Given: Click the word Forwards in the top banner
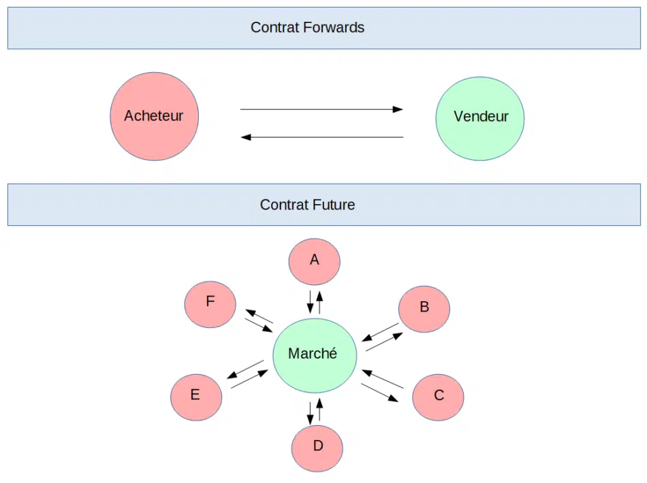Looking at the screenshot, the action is pos(334,28).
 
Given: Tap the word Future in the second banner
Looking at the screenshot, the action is pos(334,205).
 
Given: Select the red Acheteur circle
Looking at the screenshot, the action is pos(155,116).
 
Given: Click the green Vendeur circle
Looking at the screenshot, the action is pos(480,118).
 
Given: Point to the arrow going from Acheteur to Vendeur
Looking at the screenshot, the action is pos(321,110).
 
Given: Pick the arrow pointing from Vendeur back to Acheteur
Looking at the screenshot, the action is pos(322,137).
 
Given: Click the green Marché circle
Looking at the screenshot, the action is pos(315,355).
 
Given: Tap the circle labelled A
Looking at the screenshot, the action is pos(315,261).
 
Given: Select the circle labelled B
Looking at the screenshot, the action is pos(424,309).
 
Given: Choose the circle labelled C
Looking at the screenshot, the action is pos(438,397).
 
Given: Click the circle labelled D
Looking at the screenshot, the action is pos(317,448).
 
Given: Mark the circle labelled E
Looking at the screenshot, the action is pos(196,397).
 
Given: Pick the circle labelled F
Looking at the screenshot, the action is pos(210,304).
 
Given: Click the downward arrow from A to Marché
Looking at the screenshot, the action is pos(311,302).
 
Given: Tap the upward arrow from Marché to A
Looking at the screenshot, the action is pos(319,302).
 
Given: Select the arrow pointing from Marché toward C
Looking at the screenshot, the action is pos(379,393).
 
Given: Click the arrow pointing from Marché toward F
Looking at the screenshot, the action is pos(259,316).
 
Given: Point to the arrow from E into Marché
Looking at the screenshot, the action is pos(249,379).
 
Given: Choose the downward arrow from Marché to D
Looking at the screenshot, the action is pos(311,413).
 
